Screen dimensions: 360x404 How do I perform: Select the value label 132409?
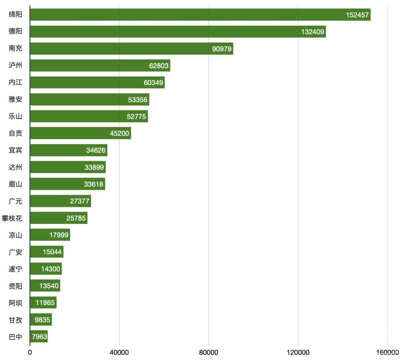point(312,32)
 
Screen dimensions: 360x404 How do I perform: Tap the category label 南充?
point(15,49)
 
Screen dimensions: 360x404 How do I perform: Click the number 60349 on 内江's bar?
point(153,82)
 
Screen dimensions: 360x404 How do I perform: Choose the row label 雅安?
point(15,99)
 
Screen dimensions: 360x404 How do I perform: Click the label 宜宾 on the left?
point(15,150)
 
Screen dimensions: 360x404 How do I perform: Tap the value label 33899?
point(94,167)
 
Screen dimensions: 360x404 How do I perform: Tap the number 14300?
point(50,269)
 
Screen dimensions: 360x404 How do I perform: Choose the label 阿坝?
point(15,303)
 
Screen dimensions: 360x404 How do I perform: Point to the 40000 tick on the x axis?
point(119,352)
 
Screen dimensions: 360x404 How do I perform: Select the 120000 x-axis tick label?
point(298,352)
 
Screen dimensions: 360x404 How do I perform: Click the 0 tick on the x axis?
point(30,352)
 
